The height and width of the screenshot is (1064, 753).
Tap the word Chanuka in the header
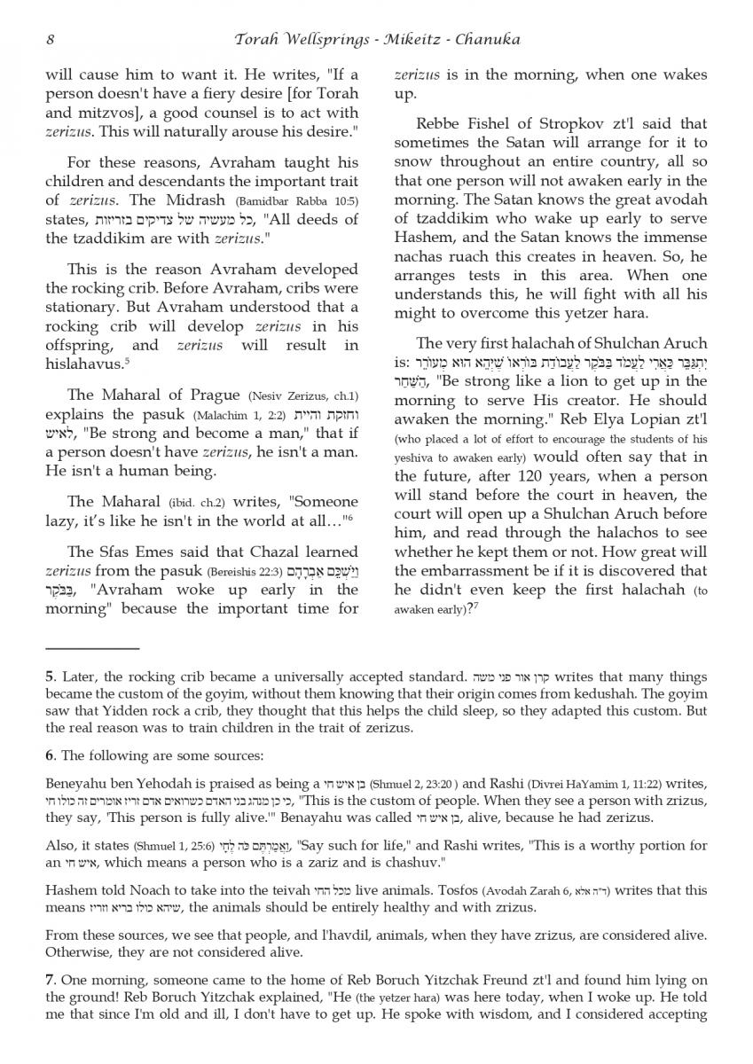tap(487, 39)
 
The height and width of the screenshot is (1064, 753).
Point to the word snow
tap(413, 161)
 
